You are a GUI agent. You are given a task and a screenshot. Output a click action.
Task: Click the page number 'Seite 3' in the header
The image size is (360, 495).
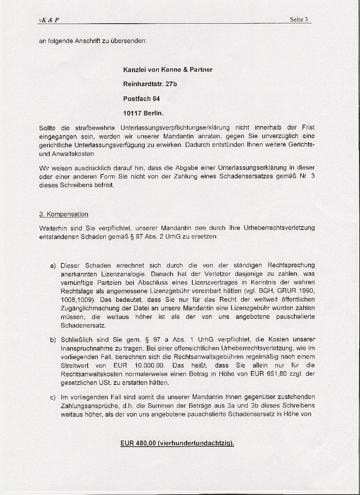point(299,19)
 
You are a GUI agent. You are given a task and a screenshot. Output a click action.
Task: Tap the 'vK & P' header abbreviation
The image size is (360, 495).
point(49,20)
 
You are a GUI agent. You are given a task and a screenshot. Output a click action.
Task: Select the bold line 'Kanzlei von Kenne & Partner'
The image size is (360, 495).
point(168,70)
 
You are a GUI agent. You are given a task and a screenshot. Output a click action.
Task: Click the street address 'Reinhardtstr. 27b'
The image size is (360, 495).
point(150,84)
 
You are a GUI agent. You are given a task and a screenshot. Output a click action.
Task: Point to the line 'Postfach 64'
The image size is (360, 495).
point(141,99)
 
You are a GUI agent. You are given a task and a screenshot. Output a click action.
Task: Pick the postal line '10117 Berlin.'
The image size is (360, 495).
point(143,114)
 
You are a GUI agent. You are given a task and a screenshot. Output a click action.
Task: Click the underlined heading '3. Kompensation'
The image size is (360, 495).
point(64,214)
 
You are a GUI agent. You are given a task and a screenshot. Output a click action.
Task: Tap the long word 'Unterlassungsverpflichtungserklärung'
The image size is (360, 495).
point(175,127)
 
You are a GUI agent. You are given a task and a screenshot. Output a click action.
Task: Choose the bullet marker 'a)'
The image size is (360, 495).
point(53,266)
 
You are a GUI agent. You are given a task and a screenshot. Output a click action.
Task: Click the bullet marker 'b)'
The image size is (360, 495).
point(53,340)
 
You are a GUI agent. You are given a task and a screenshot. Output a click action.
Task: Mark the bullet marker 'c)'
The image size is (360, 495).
point(53,398)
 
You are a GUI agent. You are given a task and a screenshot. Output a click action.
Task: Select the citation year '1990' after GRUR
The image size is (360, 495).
point(307,291)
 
